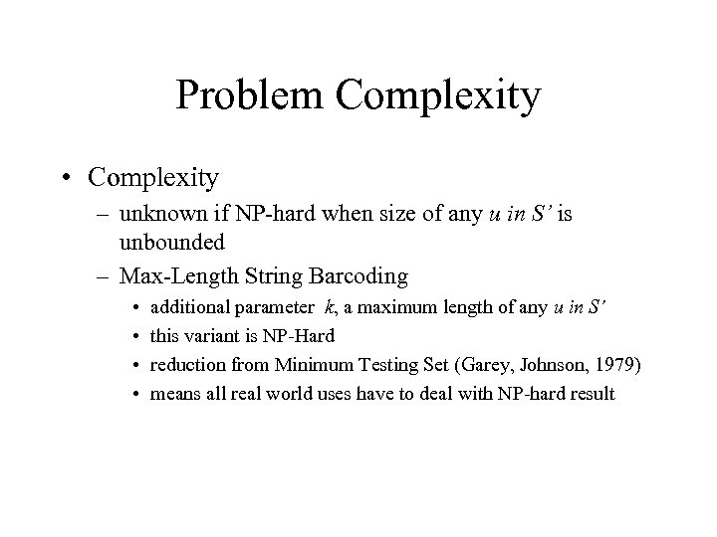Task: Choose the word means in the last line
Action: pyautogui.click(x=172, y=395)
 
